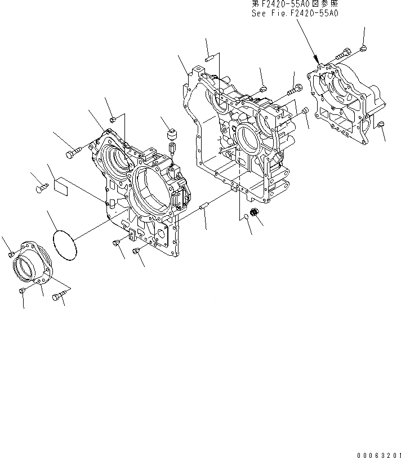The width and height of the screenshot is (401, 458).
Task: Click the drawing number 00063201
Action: point(378,454)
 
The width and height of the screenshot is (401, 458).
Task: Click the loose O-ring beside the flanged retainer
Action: point(65,244)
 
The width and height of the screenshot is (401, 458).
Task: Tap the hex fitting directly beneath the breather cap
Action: point(172,149)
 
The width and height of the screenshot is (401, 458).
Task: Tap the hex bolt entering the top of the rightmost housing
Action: point(341,55)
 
